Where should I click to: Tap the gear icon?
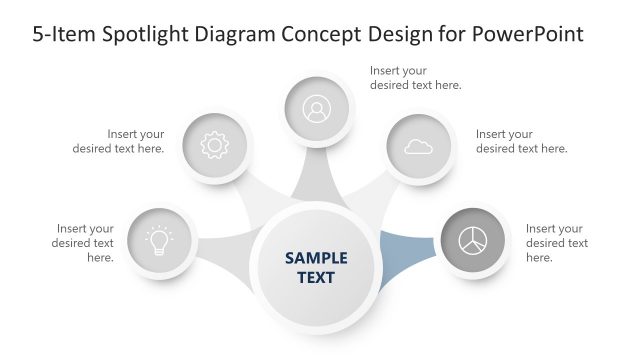click(x=214, y=146)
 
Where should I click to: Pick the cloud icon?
click(x=418, y=147)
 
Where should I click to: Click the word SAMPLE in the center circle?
click(x=316, y=258)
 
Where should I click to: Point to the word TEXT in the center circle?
click(x=316, y=277)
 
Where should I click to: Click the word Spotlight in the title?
click(x=150, y=34)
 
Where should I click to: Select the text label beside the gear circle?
click(x=119, y=141)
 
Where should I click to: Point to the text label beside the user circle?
click(x=415, y=78)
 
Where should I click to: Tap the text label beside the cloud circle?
click(x=521, y=141)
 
